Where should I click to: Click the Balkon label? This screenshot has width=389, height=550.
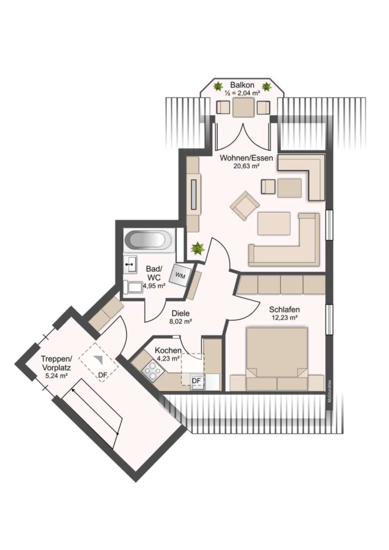(242, 85)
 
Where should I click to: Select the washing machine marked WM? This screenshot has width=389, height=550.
(180, 276)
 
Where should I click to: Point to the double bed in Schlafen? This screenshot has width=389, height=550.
(277, 359)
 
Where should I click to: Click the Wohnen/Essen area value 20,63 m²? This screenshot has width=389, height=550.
(246, 166)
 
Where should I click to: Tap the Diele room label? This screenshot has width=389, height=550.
(180, 313)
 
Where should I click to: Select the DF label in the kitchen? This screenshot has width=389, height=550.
(197, 381)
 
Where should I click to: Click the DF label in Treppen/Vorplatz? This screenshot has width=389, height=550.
(102, 375)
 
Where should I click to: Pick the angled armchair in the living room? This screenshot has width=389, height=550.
(245, 206)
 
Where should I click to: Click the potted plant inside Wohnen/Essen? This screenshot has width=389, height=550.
(198, 248)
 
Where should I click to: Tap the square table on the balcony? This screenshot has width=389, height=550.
(243, 108)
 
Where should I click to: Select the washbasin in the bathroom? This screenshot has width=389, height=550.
(130, 263)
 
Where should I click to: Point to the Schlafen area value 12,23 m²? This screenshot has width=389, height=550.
(285, 318)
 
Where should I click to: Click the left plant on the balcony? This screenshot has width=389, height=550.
(218, 86)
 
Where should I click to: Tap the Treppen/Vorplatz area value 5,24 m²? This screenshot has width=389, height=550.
(56, 375)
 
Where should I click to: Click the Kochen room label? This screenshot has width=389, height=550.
(168, 350)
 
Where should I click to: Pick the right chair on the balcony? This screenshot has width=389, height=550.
(264, 108)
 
